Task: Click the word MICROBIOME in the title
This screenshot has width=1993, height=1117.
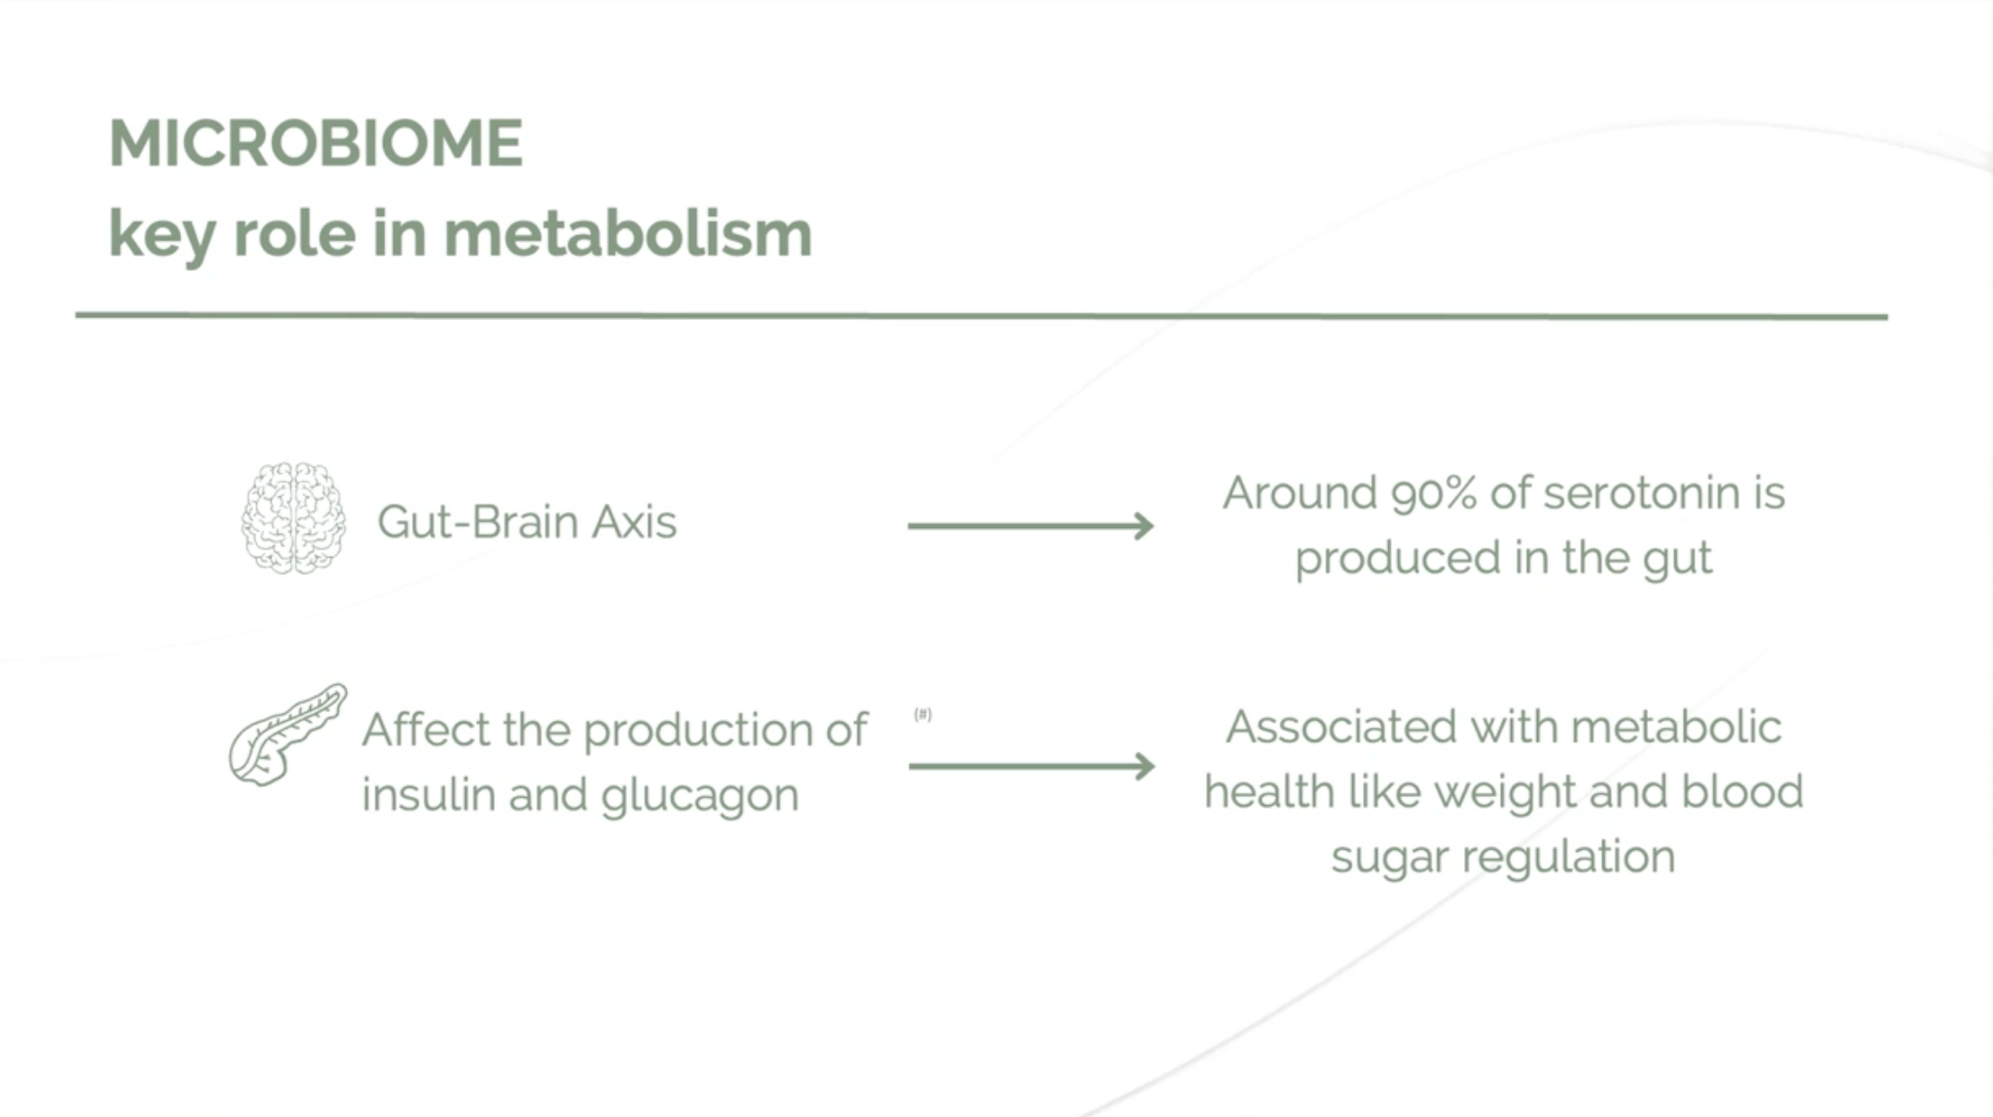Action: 315,143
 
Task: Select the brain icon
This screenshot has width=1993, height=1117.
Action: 293,518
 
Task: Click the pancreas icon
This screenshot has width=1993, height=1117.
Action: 286,735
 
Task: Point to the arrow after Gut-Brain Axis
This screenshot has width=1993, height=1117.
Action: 1031,525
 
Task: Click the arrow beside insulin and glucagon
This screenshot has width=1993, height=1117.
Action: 1031,766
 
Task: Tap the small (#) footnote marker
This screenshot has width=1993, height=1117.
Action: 923,714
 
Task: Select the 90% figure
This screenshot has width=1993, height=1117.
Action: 1433,494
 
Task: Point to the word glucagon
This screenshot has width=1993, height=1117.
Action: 700,796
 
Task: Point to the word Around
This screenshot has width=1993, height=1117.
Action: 1299,494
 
